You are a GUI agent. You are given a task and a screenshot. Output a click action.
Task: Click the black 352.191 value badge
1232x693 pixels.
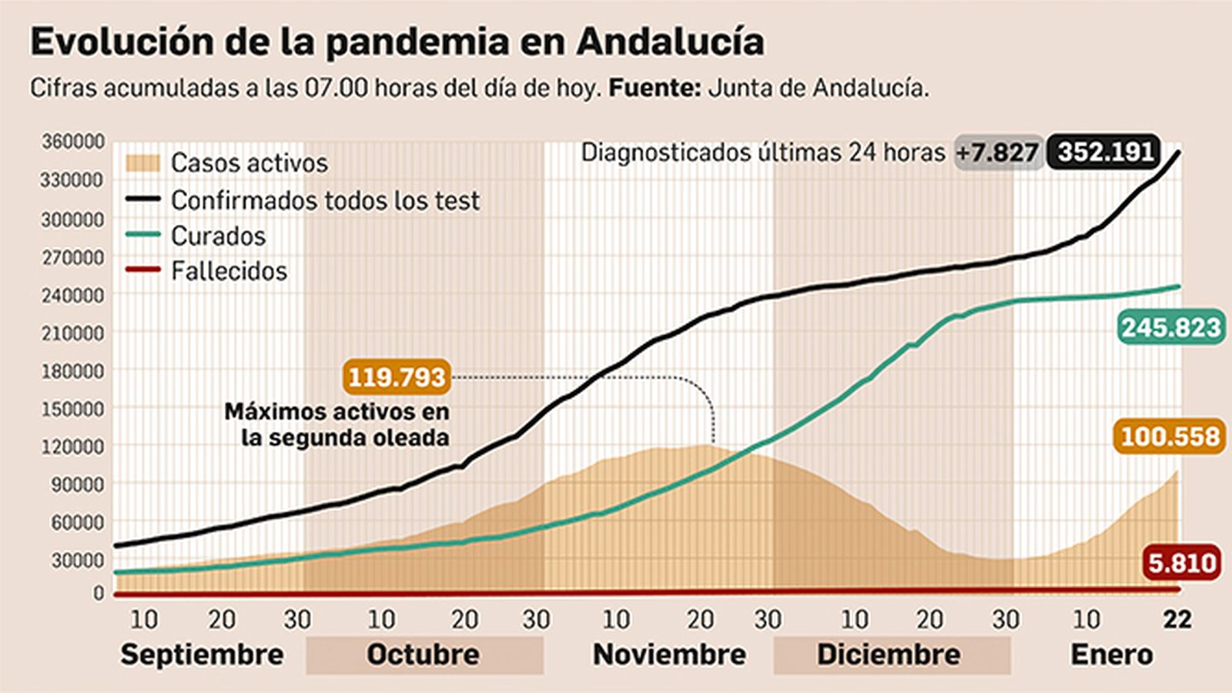[x=1105, y=152]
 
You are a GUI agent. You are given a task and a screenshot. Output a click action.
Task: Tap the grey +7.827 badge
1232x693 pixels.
[x=998, y=152]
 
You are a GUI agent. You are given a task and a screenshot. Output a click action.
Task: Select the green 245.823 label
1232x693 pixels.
[x=1170, y=328]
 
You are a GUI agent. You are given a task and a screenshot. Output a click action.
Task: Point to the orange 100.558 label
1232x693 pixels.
[x=1170, y=437]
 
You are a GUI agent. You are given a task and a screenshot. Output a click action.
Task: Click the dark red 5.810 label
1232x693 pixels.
[x=1182, y=563]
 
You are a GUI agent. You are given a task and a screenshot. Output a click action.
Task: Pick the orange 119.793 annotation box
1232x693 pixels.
[x=397, y=377]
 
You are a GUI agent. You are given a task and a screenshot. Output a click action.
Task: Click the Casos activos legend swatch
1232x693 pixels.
[x=142, y=163]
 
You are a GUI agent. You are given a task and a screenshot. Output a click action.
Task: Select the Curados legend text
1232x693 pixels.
[x=218, y=236]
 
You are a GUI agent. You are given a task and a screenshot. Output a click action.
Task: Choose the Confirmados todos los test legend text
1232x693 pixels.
[x=325, y=201]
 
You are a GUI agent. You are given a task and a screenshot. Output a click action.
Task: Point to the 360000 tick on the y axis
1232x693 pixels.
[x=72, y=142]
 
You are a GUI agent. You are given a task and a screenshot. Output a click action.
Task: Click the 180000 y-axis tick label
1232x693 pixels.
[x=72, y=371]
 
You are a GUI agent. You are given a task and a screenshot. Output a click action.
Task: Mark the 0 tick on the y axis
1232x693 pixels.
[x=98, y=594]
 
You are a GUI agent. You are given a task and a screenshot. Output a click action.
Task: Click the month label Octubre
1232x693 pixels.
[x=423, y=654]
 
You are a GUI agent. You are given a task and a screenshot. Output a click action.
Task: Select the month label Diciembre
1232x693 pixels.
[x=889, y=654]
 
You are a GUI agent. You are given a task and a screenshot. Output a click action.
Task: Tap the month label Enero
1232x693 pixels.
[x=1111, y=654]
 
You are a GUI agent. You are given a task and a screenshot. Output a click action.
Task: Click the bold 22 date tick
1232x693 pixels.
[x=1177, y=620]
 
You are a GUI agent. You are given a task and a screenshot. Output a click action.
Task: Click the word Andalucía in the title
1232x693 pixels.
[x=670, y=42]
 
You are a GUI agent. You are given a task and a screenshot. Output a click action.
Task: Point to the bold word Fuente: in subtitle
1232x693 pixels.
[x=654, y=88]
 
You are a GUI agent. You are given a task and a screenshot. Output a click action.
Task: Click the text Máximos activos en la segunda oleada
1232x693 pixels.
[x=337, y=424]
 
